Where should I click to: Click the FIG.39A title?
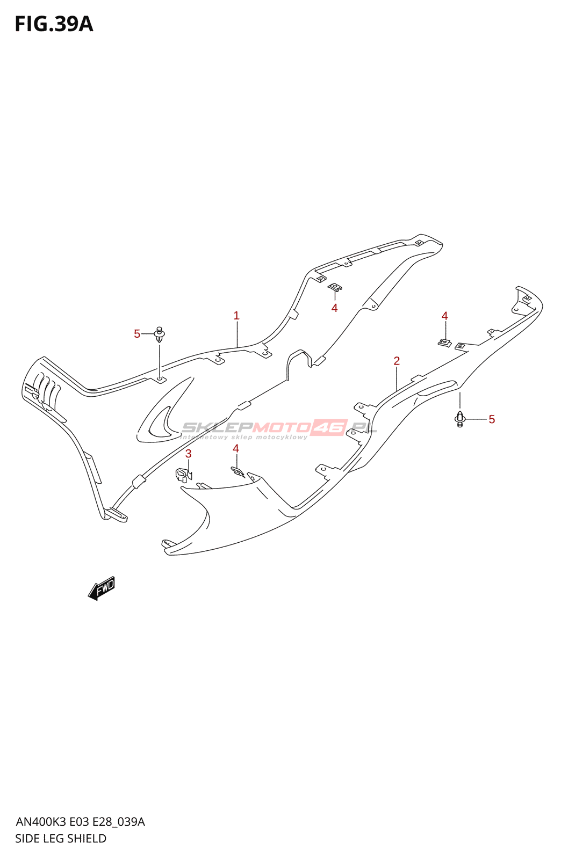[54, 24]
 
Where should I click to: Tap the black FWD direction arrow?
[102, 588]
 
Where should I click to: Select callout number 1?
[236, 316]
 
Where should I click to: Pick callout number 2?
[397, 361]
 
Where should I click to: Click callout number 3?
[188, 454]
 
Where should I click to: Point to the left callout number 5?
[137, 334]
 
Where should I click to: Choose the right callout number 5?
[492, 419]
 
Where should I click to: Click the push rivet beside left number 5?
[159, 335]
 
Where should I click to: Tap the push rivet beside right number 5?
[460, 418]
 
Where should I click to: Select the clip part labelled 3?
[182, 475]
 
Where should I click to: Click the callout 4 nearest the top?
[334, 308]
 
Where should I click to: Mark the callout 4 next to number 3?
[235, 448]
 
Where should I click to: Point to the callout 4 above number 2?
[444, 316]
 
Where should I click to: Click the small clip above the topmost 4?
[335, 287]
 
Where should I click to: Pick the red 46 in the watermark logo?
[329, 427]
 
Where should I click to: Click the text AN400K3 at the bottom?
[41, 822]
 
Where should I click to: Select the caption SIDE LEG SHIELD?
[61, 839]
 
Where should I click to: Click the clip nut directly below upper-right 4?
[444, 342]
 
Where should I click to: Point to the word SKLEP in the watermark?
[217, 427]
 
